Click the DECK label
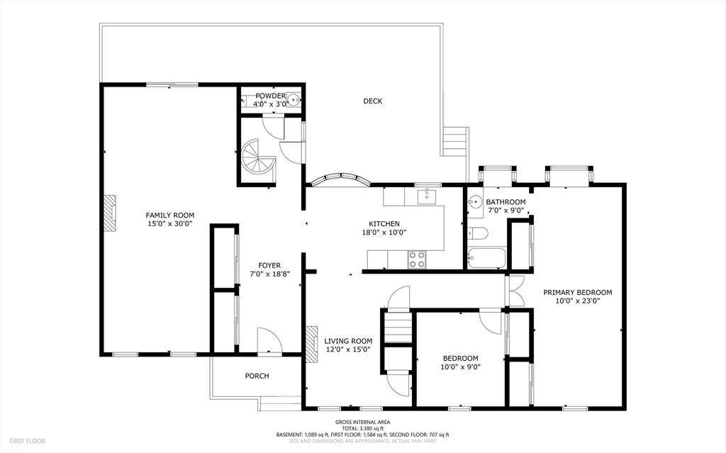pos(372,101)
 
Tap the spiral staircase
pos(257,158)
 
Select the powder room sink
pos(294,99)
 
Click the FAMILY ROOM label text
pos(170,215)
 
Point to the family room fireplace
pos(109,213)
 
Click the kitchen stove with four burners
pos(417,259)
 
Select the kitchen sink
pos(426,196)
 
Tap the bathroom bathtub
pos(486,258)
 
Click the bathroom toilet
pos(476,233)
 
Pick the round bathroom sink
pos(475,203)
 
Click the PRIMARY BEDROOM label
pos(577,292)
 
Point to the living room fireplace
pos(312,344)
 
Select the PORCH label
pos(257,376)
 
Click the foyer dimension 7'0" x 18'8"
pos(269,274)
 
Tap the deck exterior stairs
pos(454,141)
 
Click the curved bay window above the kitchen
pos(341,178)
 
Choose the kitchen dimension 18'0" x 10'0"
pos(384,232)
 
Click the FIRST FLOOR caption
pos(28,441)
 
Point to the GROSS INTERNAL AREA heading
pos(362,422)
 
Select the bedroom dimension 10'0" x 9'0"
pos(460,367)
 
